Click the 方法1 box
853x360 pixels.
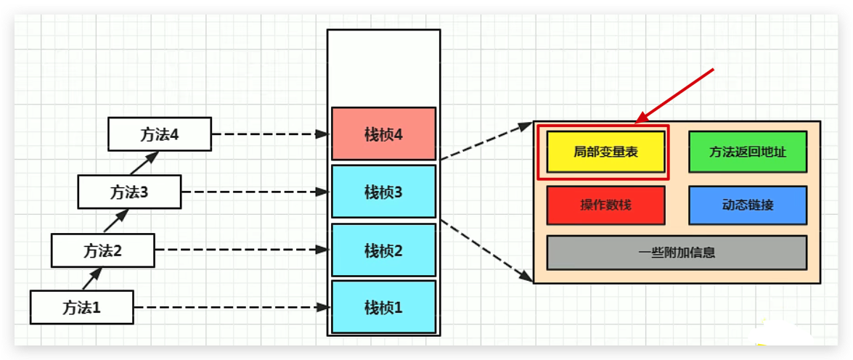(82, 307)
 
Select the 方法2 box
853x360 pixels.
(102, 250)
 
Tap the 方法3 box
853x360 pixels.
(129, 192)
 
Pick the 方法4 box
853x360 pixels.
(160, 134)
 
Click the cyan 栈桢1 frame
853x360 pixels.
(383, 307)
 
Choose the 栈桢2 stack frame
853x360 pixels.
(383, 250)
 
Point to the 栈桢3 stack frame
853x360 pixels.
(383, 192)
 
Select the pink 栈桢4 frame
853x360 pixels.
(383, 134)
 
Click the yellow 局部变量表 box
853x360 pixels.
(605, 152)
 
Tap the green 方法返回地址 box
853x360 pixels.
(747, 152)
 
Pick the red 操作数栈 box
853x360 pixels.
(605, 205)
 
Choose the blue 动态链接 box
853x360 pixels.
(747, 205)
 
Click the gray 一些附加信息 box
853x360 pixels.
(677, 253)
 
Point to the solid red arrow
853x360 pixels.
(675, 94)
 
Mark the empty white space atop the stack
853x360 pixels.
(383, 67)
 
